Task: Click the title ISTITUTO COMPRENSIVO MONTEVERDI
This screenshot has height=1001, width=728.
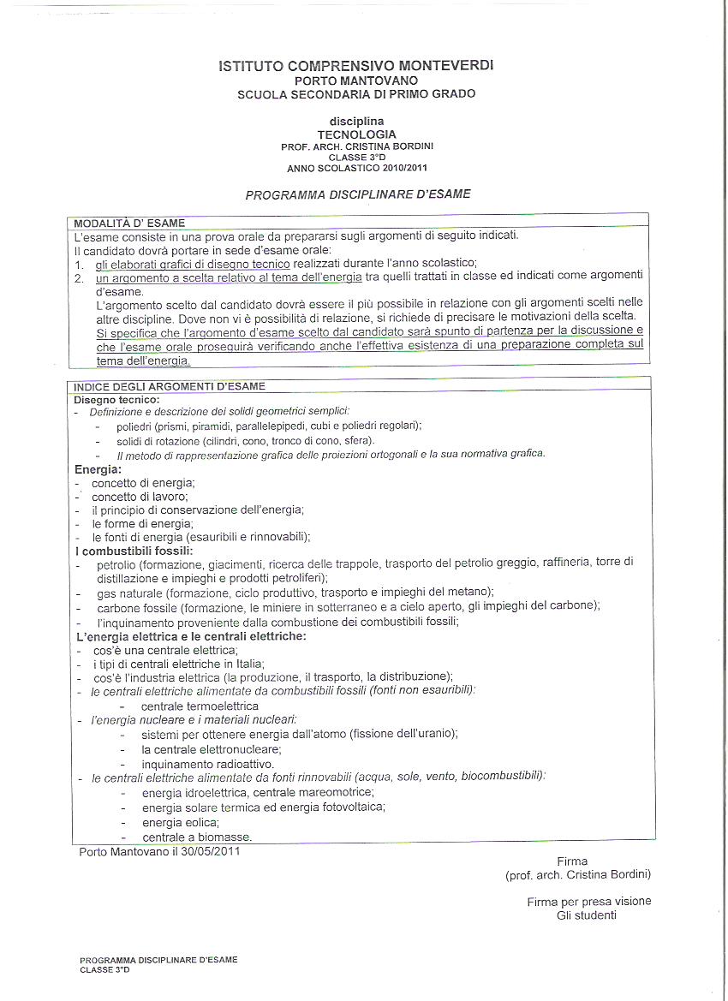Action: (x=356, y=65)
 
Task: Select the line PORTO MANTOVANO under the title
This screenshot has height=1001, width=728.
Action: (x=356, y=80)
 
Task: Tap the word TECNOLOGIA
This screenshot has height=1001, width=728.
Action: (x=356, y=134)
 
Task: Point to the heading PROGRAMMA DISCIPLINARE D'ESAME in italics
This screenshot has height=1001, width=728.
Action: (x=358, y=194)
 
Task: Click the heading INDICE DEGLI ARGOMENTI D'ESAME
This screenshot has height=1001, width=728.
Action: (x=170, y=386)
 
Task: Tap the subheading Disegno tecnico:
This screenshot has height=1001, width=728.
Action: (x=116, y=399)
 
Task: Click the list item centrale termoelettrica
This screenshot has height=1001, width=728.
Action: (x=200, y=706)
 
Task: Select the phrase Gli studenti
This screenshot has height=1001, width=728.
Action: (x=586, y=915)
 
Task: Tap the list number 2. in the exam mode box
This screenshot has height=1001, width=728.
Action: (x=79, y=278)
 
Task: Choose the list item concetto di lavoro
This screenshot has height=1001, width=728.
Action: (x=140, y=496)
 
